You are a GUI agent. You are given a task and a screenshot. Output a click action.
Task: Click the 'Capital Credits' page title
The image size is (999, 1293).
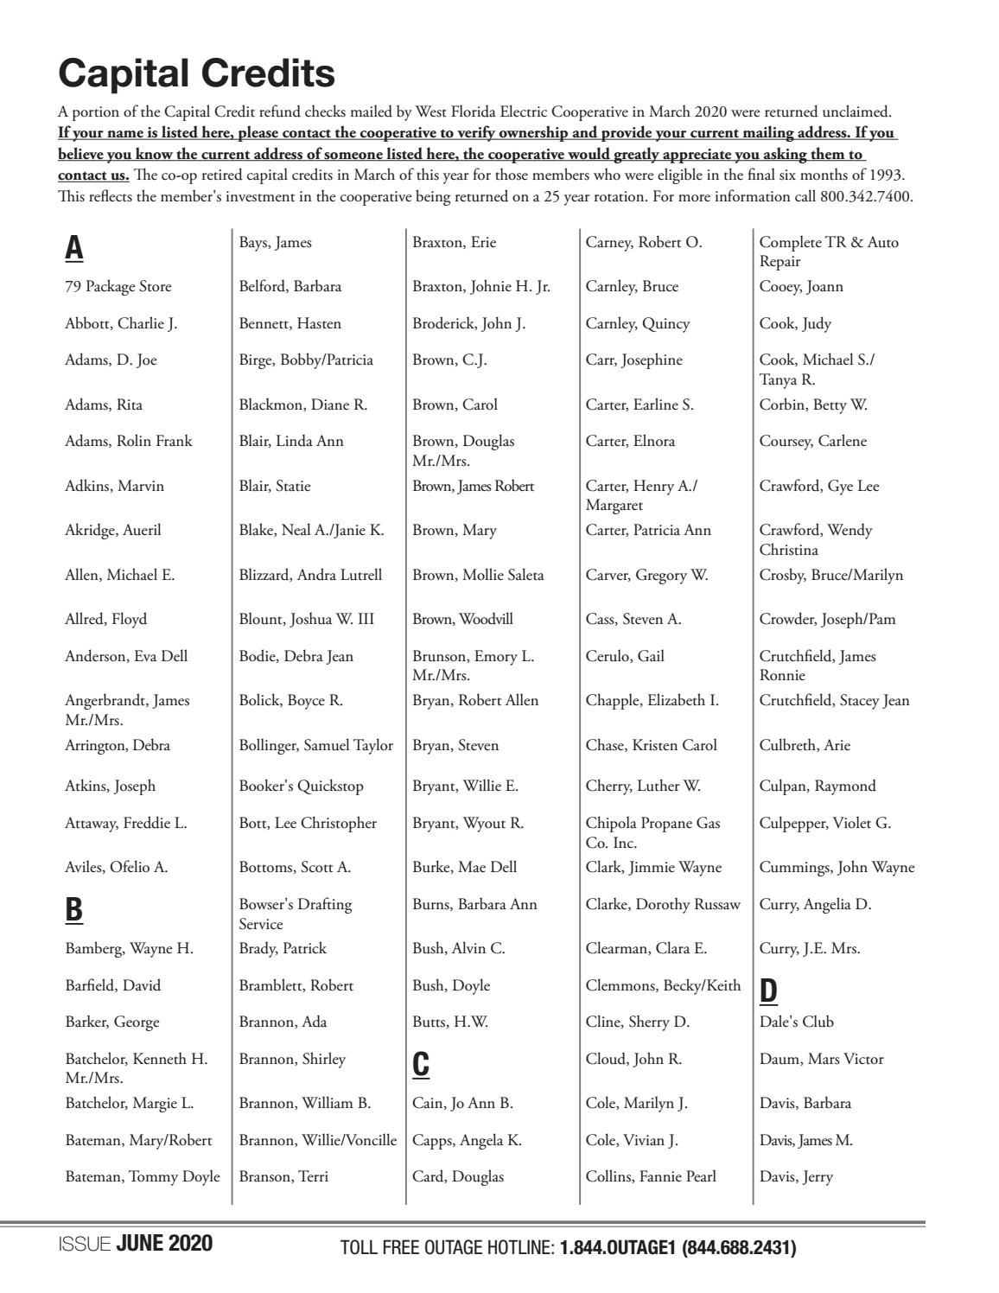pyautogui.click(x=196, y=73)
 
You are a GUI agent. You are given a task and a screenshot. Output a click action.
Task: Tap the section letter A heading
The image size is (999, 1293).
pyautogui.click(x=74, y=248)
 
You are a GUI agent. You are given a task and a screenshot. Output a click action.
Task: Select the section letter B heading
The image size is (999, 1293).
pyautogui.click(x=74, y=909)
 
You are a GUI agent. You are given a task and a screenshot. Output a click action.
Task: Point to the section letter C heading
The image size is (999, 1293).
pyautogui.click(x=421, y=1064)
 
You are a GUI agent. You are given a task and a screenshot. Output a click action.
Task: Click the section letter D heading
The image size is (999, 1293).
pyautogui.click(x=768, y=991)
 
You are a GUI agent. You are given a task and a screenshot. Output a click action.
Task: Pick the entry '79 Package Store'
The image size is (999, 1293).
pyautogui.click(x=118, y=287)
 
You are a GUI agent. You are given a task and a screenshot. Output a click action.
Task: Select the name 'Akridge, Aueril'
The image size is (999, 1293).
pyautogui.click(x=113, y=531)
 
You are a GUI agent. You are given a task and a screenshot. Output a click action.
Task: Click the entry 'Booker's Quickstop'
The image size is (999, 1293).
pyautogui.click(x=301, y=787)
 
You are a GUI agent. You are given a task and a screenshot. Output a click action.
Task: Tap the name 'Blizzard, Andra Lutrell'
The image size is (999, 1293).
pyautogui.click(x=310, y=576)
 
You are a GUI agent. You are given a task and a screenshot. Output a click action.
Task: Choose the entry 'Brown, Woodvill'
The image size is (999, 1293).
pyautogui.click(x=462, y=620)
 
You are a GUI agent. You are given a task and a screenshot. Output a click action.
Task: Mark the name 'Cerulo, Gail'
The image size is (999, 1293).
pyautogui.click(x=625, y=657)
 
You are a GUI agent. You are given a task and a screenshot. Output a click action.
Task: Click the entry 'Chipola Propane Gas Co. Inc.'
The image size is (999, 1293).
pyautogui.click(x=652, y=832)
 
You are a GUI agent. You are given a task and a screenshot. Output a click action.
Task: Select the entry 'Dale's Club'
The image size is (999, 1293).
pyautogui.click(x=796, y=1022)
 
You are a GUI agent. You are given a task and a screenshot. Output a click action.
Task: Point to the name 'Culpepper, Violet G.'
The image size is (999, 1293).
pyautogui.click(x=824, y=824)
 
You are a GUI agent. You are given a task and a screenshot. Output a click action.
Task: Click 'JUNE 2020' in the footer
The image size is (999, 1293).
pyautogui.click(x=164, y=1245)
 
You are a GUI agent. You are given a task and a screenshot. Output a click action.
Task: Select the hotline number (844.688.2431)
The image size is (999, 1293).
pyautogui.click(x=739, y=1248)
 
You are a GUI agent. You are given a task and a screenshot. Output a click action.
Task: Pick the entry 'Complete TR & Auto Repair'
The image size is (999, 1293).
pyautogui.click(x=828, y=252)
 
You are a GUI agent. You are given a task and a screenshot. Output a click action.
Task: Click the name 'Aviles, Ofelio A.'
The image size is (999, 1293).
pyautogui.click(x=117, y=868)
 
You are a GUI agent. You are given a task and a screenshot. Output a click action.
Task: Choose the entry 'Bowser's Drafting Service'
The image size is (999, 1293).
pyautogui.click(x=295, y=914)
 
